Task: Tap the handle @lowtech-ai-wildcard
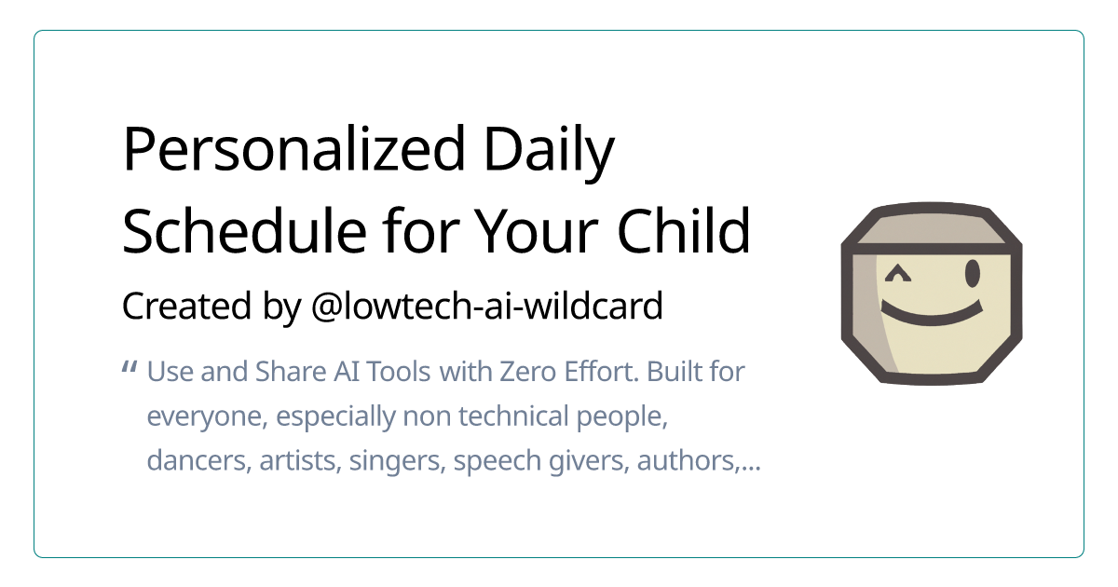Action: pos(486,306)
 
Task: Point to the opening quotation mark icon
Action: pos(130,370)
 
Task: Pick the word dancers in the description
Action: pos(193,461)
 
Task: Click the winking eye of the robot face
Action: pos(898,274)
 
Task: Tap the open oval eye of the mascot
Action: pos(973,273)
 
